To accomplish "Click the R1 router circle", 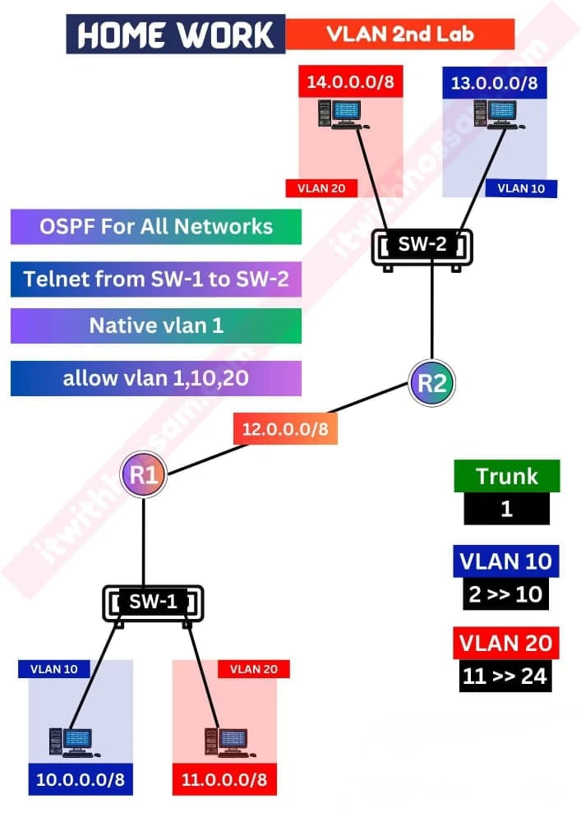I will click(144, 475).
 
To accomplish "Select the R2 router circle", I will click(431, 382).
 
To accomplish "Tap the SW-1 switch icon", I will click(154, 603).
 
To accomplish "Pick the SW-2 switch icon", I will click(422, 245).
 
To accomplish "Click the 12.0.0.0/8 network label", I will click(284, 428).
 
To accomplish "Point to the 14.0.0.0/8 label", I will click(350, 82).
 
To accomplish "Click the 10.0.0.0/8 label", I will click(81, 779).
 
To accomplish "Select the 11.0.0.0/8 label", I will click(224, 779).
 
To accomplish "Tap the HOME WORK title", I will click(176, 35).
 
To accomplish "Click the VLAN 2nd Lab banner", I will click(399, 35).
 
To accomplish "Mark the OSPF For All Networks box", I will click(156, 226).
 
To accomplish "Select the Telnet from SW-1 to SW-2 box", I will click(156, 279).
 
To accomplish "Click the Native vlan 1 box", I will click(156, 326).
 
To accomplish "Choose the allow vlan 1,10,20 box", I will click(156, 379).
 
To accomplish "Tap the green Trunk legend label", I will click(507, 476).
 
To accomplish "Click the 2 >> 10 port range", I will click(506, 594).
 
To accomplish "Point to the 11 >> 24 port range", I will click(506, 677).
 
